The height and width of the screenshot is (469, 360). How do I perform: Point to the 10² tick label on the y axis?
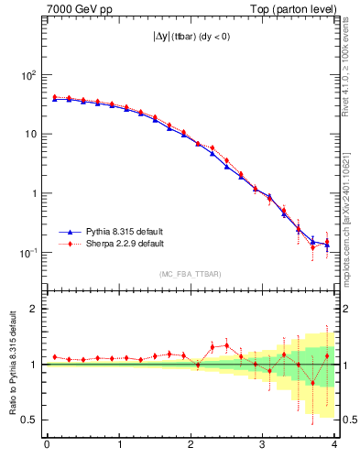coord(27,75)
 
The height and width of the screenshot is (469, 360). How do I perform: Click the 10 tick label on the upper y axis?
coord(30,134)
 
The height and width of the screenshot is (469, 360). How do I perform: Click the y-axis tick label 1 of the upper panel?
coord(34,193)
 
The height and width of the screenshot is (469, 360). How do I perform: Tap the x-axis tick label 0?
coord(47,444)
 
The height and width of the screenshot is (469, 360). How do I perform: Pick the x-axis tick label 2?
coord(191,444)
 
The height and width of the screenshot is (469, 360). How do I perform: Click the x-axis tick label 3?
coord(262,444)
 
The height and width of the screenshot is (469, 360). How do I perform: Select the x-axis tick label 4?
coord(333,444)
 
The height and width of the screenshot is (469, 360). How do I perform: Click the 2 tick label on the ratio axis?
coord(34,309)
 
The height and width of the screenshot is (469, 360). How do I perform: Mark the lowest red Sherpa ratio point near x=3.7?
coord(312,383)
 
